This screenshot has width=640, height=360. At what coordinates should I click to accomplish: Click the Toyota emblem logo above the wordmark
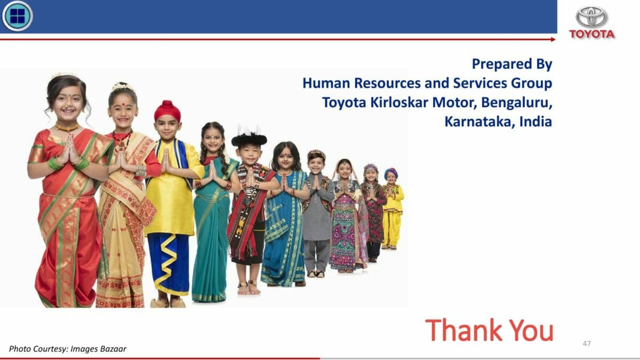[x=591, y=17]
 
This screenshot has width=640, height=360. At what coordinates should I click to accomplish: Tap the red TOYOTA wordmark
[x=591, y=34]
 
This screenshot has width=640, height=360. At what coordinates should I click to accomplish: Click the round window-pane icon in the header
[x=18, y=16]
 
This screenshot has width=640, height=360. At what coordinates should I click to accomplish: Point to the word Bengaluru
[x=517, y=103]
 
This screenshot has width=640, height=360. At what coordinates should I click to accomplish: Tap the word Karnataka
[x=478, y=122]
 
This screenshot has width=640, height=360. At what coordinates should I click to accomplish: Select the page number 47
[x=587, y=343]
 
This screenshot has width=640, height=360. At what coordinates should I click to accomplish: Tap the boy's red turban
[x=167, y=111]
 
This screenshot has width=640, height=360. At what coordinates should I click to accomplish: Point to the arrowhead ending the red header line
[x=553, y=39]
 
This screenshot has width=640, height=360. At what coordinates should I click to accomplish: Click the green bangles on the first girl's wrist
[x=54, y=164]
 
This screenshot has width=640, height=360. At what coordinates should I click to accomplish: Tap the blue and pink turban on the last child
[x=391, y=173]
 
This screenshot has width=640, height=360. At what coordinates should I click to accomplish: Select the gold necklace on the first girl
[x=67, y=127]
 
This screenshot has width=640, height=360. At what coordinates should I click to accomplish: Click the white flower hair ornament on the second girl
[x=122, y=86]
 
